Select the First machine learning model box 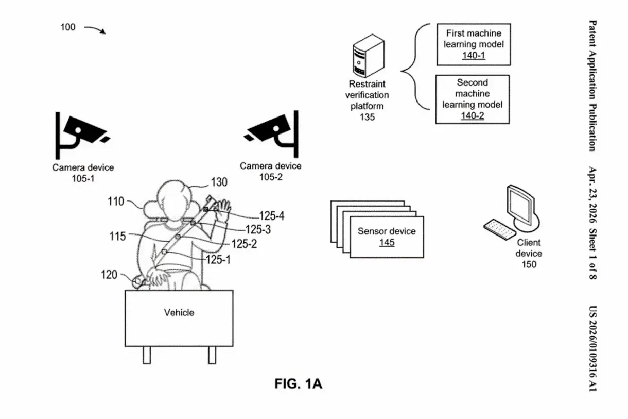[x=473, y=44]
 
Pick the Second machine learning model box [x=472, y=99]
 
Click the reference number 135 [x=367, y=118]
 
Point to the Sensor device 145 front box [x=387, y=237]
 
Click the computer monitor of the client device [x=520, y=206]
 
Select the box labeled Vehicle [x=179, y=317]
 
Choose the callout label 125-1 [x=218, y=260]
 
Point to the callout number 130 [x=219, y=182]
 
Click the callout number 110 [x=116, y=202]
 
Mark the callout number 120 [x=109, y=275]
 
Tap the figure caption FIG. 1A [x=298, y=384]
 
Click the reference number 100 [x=68, y=27]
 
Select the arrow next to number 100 [x=95, y=29]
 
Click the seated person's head [x=174, y=198]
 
